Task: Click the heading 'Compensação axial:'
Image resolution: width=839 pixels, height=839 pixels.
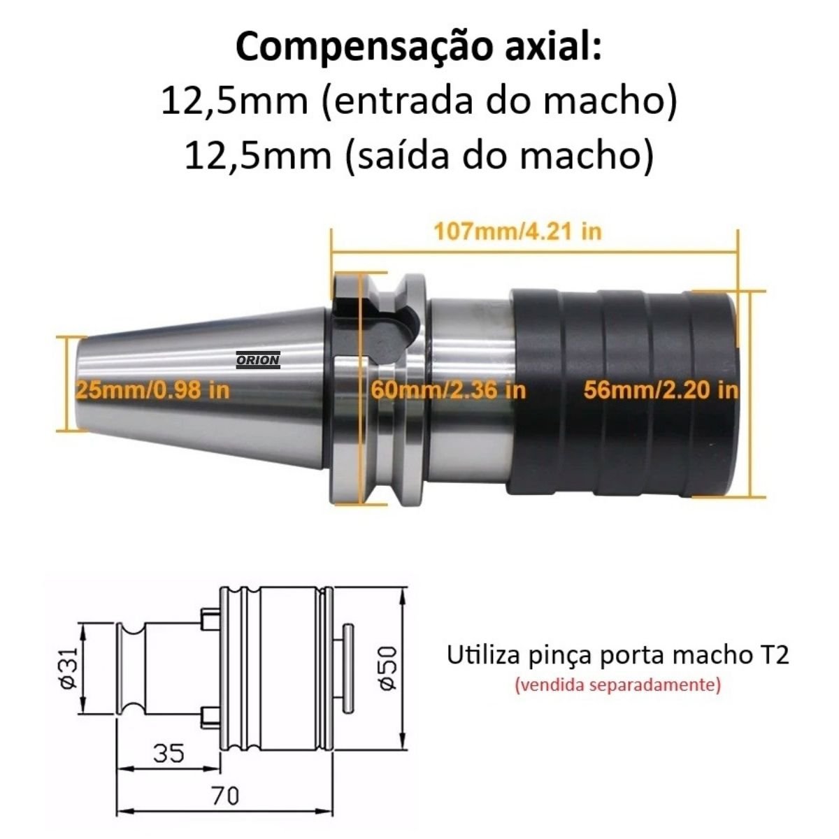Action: coord(418,48)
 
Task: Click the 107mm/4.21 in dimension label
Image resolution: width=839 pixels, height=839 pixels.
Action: coord(518,231)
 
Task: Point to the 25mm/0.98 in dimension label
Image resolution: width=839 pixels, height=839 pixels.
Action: coord(152,390)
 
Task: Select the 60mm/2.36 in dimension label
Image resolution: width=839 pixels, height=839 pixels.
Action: coord(448,390)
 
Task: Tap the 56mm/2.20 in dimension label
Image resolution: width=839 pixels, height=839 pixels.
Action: coord(661,390)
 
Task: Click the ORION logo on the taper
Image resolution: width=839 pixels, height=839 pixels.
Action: coord(258,360)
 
